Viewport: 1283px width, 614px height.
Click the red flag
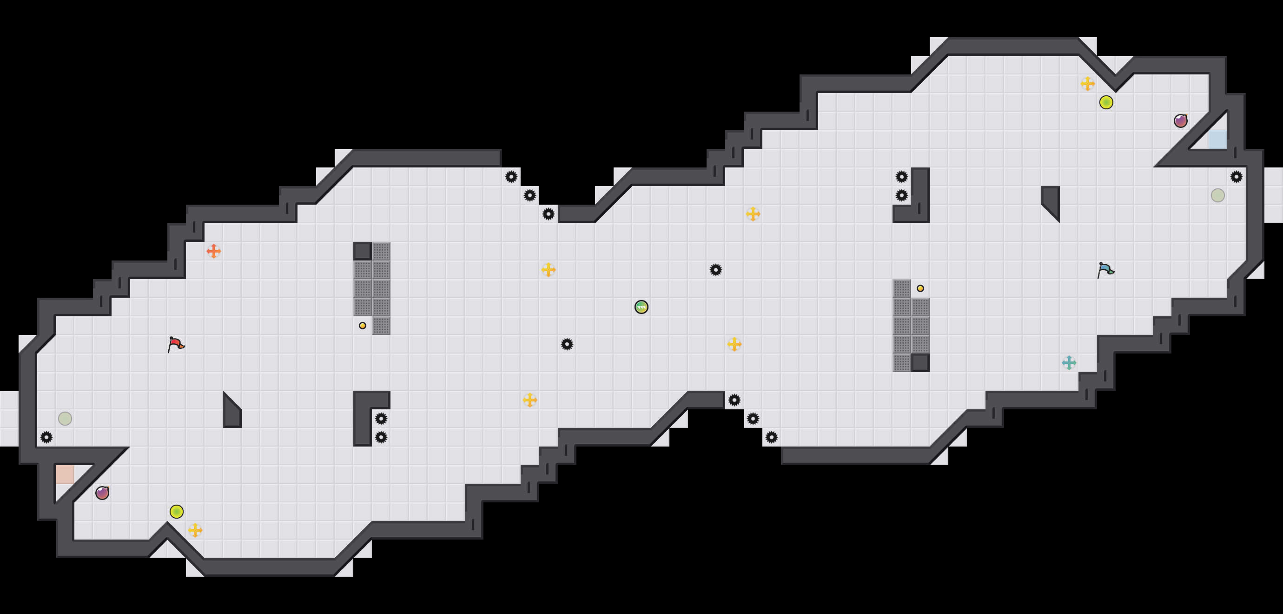176,344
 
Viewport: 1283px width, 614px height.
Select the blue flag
1105,270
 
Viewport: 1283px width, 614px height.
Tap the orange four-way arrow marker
214,251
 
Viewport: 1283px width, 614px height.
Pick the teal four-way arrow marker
1069,363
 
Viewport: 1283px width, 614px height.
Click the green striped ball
641,307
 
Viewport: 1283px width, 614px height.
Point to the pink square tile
65,474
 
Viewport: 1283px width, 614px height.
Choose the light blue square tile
1217,140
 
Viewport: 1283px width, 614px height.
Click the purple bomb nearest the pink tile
102,493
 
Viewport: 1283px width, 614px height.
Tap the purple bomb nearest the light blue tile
1180,120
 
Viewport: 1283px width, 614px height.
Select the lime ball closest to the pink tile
176,511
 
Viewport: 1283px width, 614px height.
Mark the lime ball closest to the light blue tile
1106,102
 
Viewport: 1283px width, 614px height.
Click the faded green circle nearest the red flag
65,419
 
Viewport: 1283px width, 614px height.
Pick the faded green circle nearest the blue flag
1218,195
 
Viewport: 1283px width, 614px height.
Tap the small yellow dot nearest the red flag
363,326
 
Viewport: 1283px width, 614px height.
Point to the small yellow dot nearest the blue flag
920,288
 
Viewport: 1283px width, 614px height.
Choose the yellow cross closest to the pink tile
195,530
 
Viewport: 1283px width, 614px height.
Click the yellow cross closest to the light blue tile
1088,84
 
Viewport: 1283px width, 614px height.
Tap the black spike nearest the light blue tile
1236,177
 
